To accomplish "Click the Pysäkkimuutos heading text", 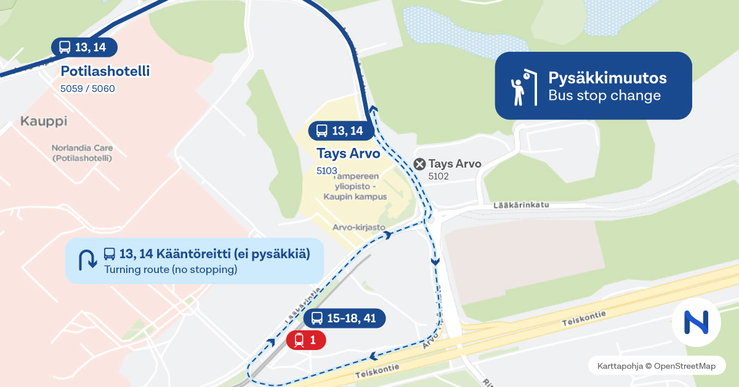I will point(607,78).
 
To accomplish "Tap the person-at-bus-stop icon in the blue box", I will point(520,86).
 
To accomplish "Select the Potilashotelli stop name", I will point(105,71).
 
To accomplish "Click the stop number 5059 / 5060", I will point(87,89).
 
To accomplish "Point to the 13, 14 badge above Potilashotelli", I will point(84,47).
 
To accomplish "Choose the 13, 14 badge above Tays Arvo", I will point(340,131).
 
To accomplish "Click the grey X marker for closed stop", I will point(420,164).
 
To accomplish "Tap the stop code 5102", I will point(438,176).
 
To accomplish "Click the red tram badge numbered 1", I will point(306,340).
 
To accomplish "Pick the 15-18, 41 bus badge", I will point(344,318).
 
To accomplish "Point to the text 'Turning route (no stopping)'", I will point(171,269).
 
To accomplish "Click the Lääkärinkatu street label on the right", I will point(520,205).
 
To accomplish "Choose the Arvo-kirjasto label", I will point(360,227).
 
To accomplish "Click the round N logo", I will point(696,321).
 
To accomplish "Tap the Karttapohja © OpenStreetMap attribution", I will point(656,366).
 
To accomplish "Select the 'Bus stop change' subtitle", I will point(604,96).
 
